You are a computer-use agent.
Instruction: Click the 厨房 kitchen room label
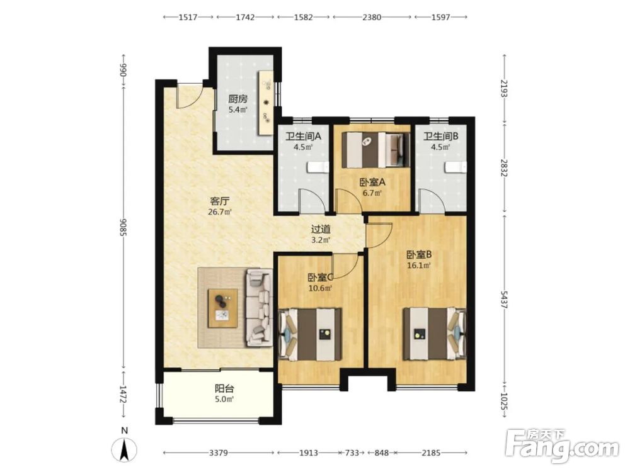[x=238, y=99]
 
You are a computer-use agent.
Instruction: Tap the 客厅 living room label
[x=219, y=201]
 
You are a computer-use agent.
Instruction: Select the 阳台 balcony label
[x=224, y=388]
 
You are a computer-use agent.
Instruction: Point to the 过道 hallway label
[x=321, y=229]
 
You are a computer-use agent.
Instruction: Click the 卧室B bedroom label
[x=419, y=254]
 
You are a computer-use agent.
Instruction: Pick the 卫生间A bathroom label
[x=304, y=136]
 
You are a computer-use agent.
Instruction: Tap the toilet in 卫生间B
[x=456, y=167]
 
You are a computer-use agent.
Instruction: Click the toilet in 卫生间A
[x=318, y=167]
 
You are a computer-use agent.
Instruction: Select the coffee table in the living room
[x=222, y=308]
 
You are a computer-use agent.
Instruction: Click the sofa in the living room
[x=258, y=308]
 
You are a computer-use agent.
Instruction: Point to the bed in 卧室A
[x=375, y=150]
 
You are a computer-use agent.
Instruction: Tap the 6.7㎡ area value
[x=372, y=193]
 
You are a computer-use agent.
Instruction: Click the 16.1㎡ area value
[x=419, y=265]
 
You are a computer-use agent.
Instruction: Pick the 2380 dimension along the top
[x=372, y=17]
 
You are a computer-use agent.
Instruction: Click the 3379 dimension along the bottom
[x=219, y=452]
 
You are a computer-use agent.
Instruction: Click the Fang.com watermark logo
[x=562, y=446]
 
